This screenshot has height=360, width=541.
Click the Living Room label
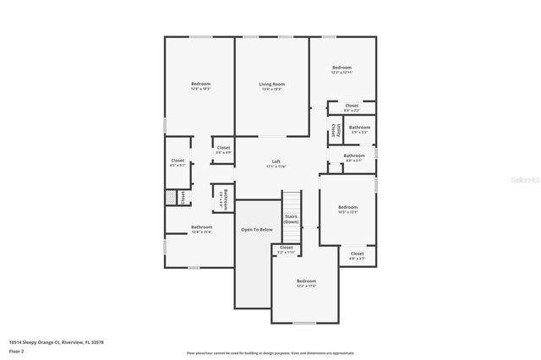[271, 85]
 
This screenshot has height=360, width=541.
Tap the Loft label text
[276, 161]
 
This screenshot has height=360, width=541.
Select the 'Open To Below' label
[256, 230]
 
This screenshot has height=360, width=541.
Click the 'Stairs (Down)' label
[291, 219]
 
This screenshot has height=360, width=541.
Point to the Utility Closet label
[335, 131]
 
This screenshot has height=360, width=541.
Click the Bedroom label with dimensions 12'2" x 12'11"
[342, 68]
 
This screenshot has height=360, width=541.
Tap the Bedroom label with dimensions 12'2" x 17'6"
[306, 281]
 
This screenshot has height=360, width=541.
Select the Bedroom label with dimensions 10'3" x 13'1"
[348, 208]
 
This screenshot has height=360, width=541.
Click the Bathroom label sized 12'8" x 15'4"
[201, 227]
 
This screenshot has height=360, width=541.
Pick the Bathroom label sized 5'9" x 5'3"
[360, 128]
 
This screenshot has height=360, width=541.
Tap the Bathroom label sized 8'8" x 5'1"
[354, 155]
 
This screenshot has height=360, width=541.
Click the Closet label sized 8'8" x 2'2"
[352, 106]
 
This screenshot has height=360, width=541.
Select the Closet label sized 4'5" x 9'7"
[178, 161]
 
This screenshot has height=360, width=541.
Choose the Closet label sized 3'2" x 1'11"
[287, 248]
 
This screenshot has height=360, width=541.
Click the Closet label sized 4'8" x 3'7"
[357, 254]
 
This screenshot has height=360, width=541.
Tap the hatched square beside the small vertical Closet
[171, 197]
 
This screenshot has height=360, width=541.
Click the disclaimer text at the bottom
[271, 352]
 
